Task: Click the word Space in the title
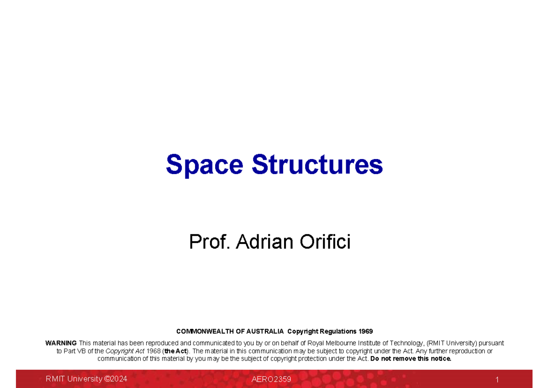point(204,165)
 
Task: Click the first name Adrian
point(265,242)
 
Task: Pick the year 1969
point(366,331)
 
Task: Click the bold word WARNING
point(61,343)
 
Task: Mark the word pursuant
point(491,343)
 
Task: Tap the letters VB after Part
point(82,351)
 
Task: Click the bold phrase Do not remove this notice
point(411,359)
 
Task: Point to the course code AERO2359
point(271,379)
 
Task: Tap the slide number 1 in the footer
point(497,380)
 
